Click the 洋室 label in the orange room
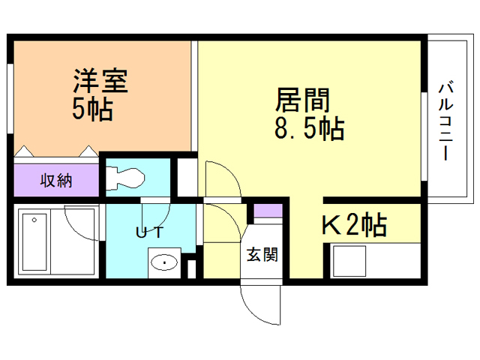click(100, 82)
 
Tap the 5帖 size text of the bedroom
click(92, 109)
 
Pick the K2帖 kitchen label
click(354, 224)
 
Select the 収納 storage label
click(56, 181)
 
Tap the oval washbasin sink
click(163, 262)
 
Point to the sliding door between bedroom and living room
click(195, 97)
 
